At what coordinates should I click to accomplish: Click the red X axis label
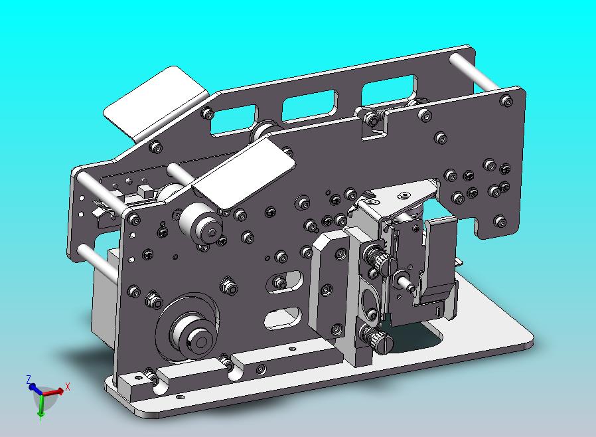[x=68, y=387]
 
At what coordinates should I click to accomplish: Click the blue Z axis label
[x=29, y=379]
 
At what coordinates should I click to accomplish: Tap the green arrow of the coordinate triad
[x=40, y=405]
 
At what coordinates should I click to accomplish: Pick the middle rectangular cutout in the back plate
[x=310, y=106]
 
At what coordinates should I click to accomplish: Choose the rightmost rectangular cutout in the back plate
[x=389, y=90]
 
